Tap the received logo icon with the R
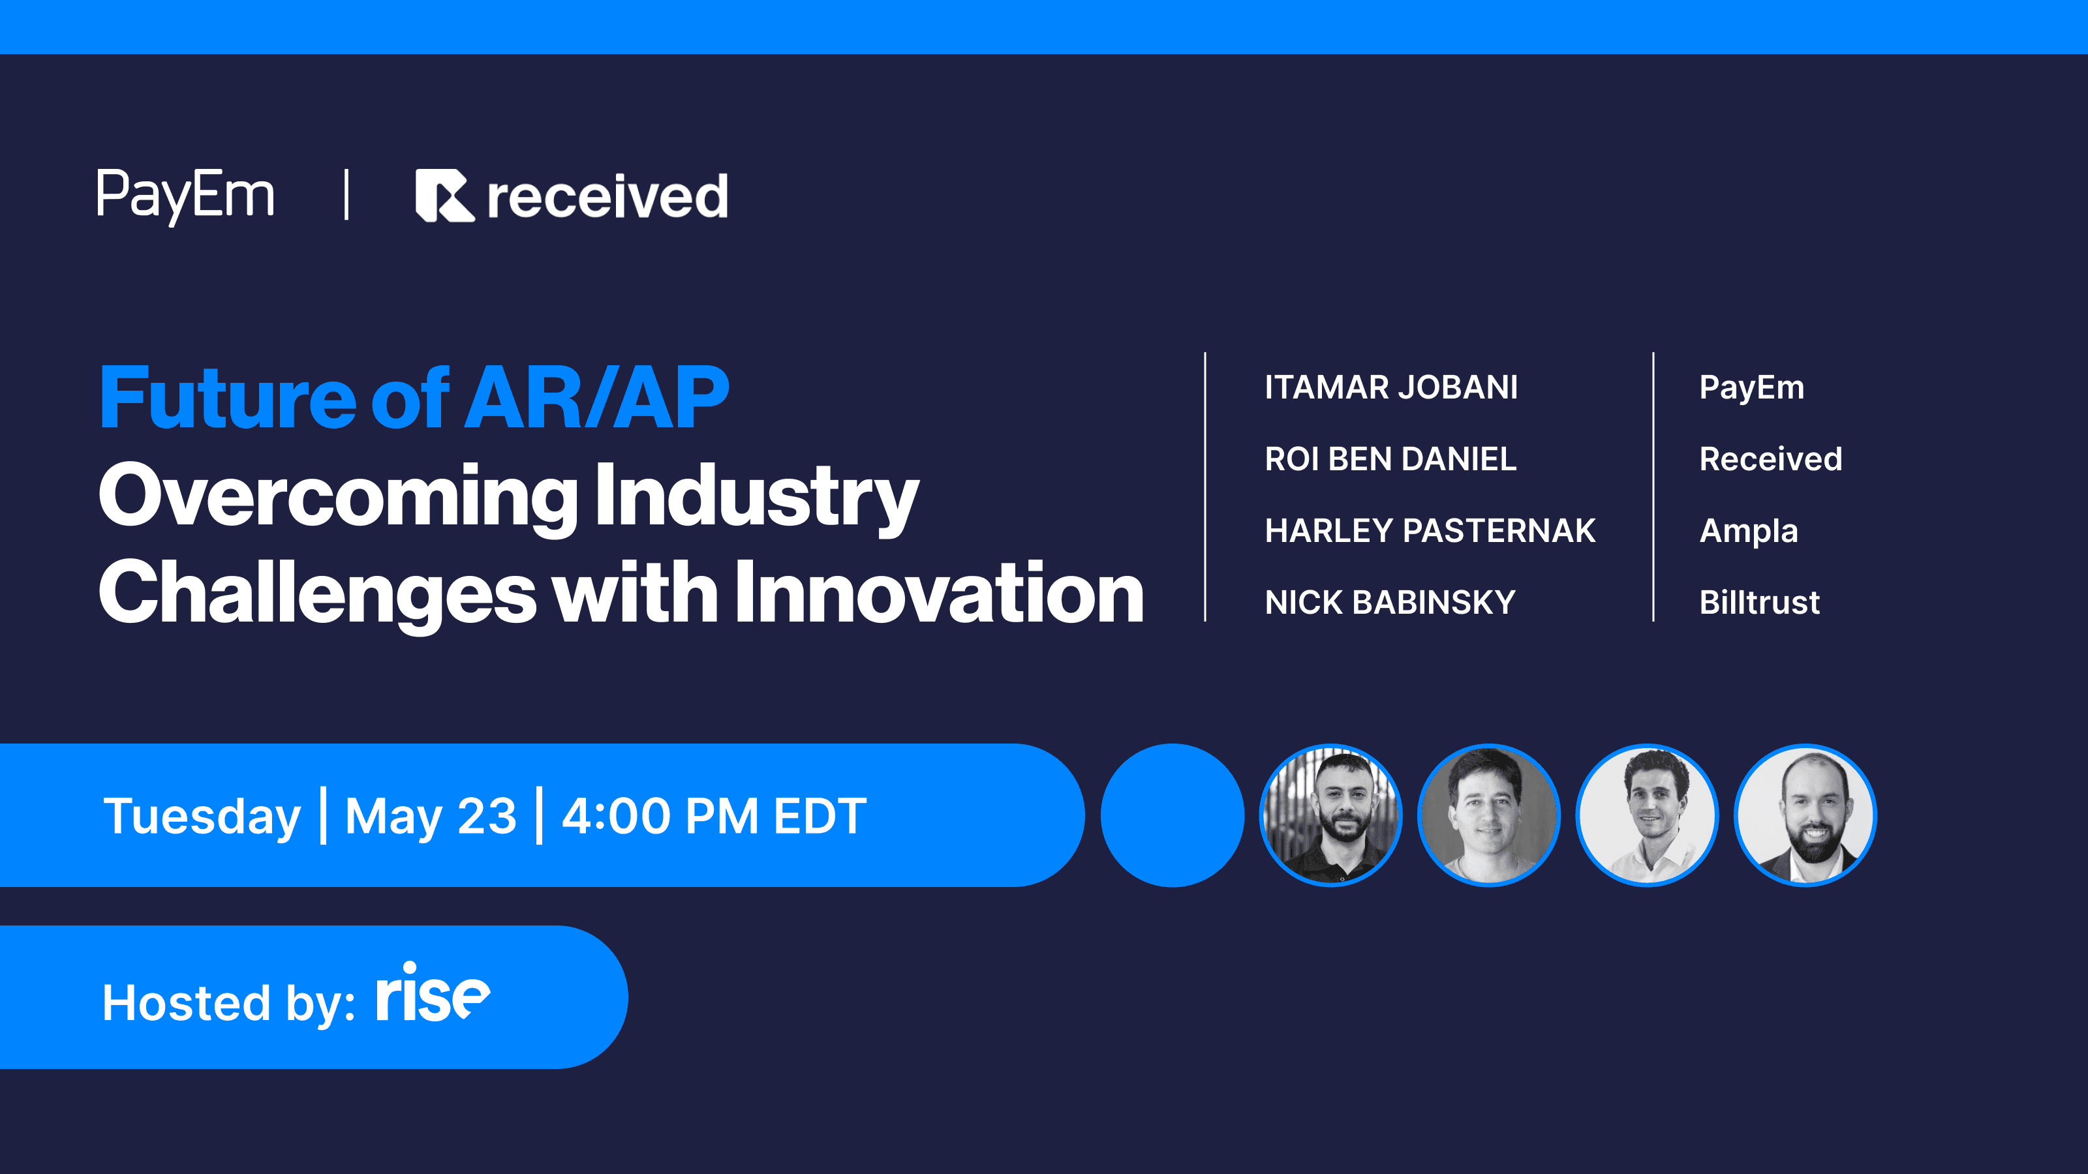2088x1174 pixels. pyautogui.click(x=444, y=195)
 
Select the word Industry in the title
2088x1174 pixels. pyautogui.click(x=756, y=496)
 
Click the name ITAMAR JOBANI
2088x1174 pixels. pyautogui.click(x=1391, y=387)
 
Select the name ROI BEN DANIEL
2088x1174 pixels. pyautogui.click(x=1390, y=459)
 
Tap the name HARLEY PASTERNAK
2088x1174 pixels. pyautogui.click(x=1430, y=531)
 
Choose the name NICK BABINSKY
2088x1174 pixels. pyautogui.click(x=1389, y=602)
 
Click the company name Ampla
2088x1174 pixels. pyautogui.click(x=1749, y=532)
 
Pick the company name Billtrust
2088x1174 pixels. pyautogui.click(x=1759, y=602)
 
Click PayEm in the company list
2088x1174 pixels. pyautogui.click(x=1751, y=388)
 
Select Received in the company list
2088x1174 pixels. pyautogui.click(x=1770, y=459)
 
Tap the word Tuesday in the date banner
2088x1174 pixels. pyautogui.click(x=202, y=817)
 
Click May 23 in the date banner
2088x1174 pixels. pyautogui.click(x=431, y=817)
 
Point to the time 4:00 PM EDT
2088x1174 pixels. pyautogui.click(x=714, y=816)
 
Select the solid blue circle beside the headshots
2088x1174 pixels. pyautogui.click(x=1172, y=815)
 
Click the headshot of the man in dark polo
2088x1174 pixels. pyautogui.click(x=1330, y=815)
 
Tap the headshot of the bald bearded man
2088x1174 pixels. pyautogui.click(x=1805, y=815)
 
